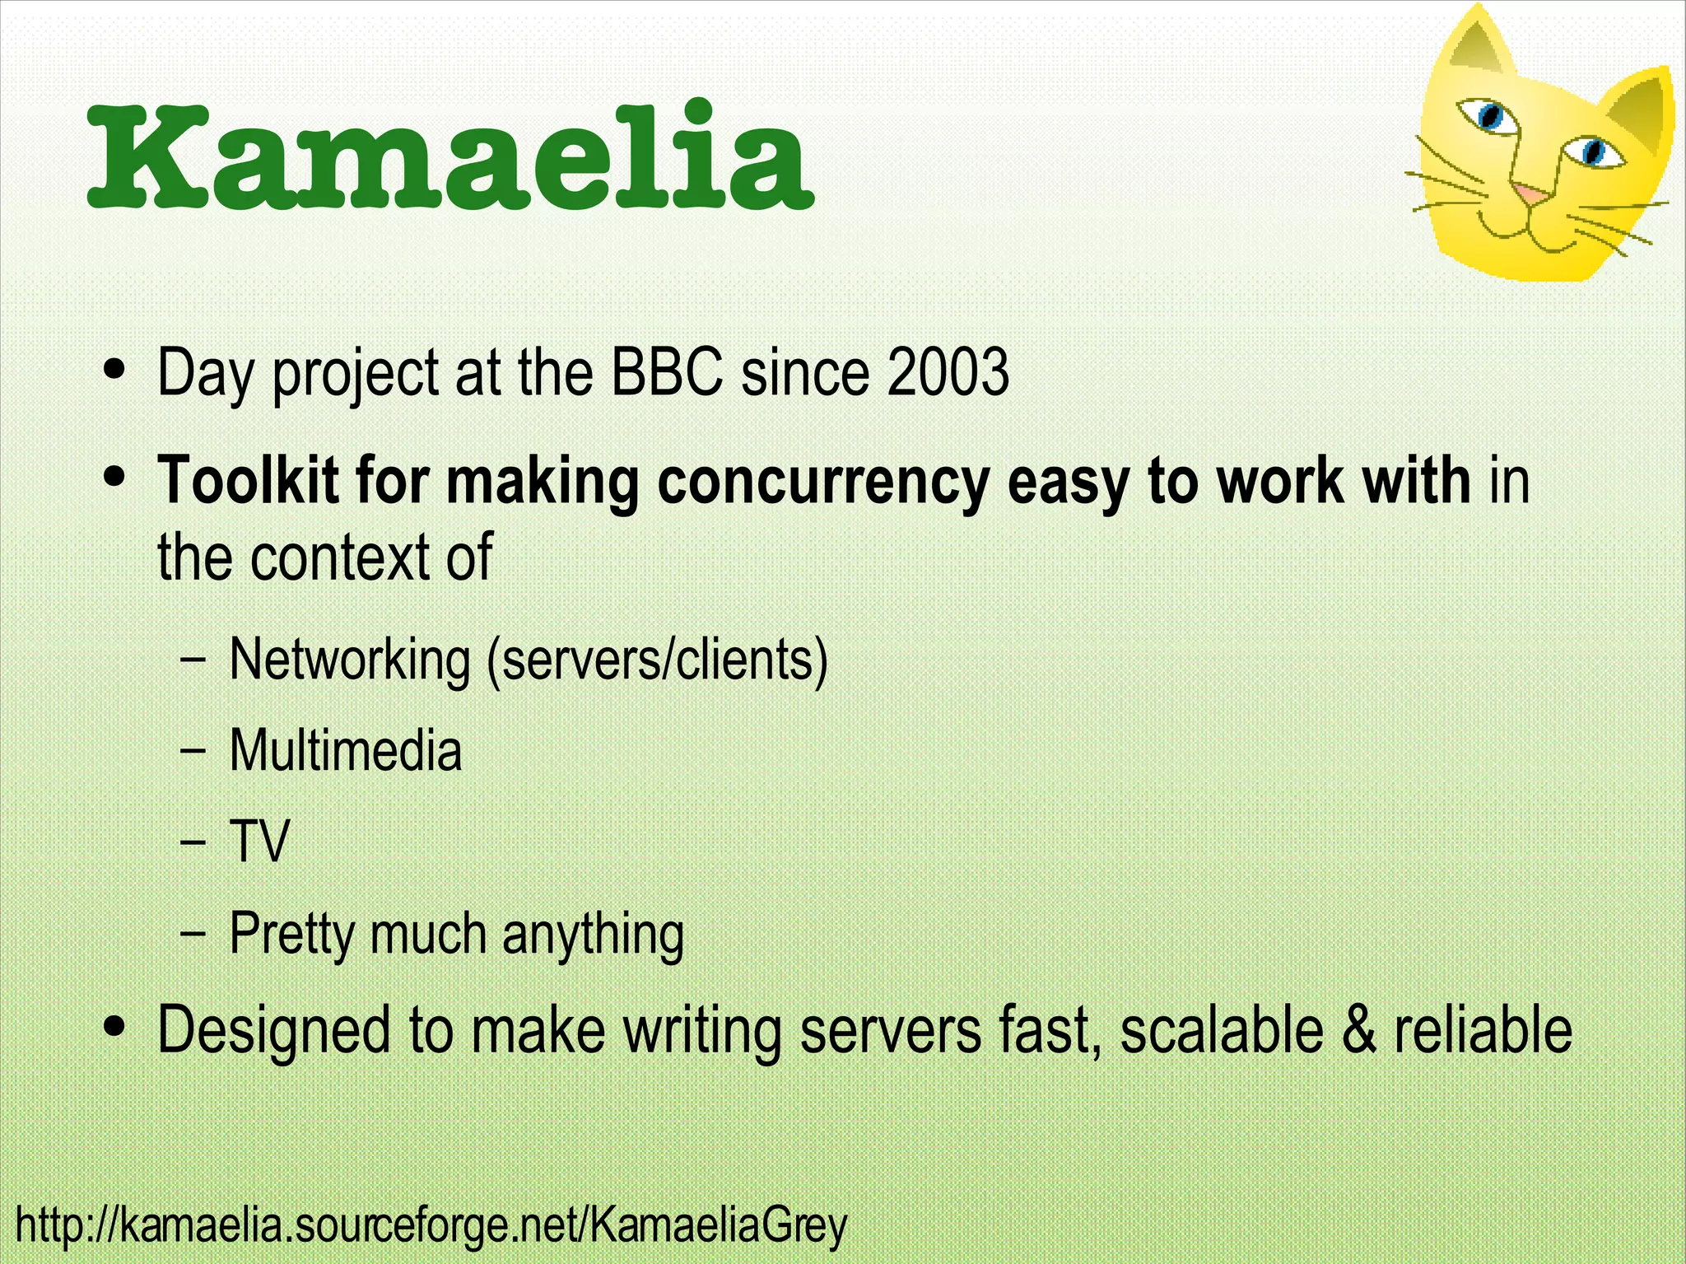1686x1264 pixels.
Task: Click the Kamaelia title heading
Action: point(449,156)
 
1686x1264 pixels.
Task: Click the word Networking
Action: point(350,660)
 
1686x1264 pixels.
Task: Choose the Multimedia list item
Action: point(346,751)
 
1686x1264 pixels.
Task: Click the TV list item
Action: point(260,842)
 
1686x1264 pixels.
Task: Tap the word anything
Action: point(593,935)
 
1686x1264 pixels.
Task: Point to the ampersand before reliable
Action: point(1359,1029)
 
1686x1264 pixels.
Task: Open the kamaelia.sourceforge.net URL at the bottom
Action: point(431,1225)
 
